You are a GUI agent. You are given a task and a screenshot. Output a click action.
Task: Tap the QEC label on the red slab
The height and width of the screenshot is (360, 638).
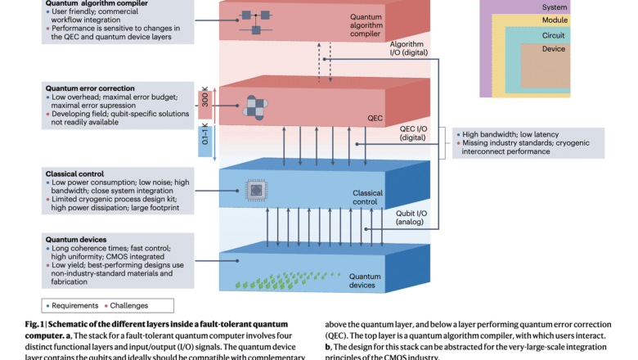coord(375,118)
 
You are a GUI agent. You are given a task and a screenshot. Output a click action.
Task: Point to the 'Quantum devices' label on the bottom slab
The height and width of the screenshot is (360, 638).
coord(362,281)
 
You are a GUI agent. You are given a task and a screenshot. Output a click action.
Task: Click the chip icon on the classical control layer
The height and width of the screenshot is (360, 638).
coord(258,191)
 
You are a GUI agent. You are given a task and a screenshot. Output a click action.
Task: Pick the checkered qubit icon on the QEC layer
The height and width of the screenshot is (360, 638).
coord(257,107)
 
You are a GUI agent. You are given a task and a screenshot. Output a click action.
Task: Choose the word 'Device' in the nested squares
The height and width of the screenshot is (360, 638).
coord(554,49)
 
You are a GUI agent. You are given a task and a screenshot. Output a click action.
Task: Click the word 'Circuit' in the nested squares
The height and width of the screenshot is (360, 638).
coord(554,35)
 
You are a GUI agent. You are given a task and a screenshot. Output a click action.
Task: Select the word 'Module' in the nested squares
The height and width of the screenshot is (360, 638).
coord(554,20)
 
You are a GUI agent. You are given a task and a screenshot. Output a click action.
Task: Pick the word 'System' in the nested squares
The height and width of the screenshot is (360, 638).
coord(554,7)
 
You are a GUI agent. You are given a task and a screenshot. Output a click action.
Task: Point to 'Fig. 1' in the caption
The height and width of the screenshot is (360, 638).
coord(37,324)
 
